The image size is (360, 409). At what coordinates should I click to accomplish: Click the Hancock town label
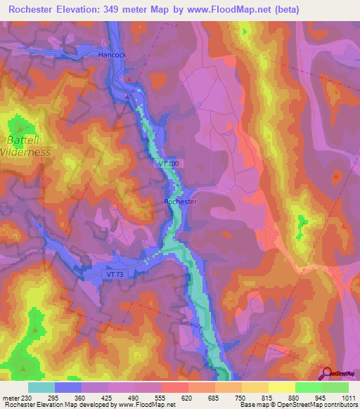pyautogui.click(x=112, y=54)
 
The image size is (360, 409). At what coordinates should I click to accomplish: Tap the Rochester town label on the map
pyautogui.click(x=180, y=202)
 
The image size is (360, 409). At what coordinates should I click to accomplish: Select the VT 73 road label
pyautogui.click(x=115, y=273)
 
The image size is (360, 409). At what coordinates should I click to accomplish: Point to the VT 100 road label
pyautogui.click(x=169, y=163)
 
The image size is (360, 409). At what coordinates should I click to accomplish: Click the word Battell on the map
pyautogui.click(x=25, y=140)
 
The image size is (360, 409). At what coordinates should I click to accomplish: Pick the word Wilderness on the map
pyautogui.click(x=26, y=152)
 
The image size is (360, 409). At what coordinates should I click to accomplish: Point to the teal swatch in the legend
pyautogui.click(x=41, y=387)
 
